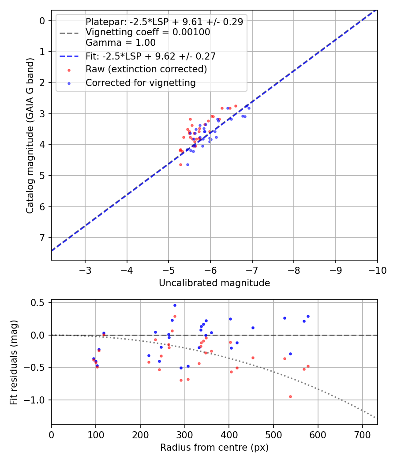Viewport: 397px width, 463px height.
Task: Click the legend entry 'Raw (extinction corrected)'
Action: [146, 70]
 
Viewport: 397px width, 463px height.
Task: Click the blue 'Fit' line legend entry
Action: [150, 56]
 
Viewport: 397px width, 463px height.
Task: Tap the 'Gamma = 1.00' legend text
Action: [120, 43]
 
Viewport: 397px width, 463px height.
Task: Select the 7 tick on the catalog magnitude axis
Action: [42, 238]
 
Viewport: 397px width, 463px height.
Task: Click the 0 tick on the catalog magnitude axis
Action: [42, 21]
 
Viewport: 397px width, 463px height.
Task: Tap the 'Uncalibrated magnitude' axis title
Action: [214, 283]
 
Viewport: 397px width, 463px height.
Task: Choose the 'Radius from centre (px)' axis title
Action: [214, 448]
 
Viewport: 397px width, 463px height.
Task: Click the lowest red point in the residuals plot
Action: [290, 396]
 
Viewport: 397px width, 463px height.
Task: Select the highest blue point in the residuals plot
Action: [175, 305]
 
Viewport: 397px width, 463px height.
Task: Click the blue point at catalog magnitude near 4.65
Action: [187, 164]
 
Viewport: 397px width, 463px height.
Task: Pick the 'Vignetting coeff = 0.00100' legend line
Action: [148, 32]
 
